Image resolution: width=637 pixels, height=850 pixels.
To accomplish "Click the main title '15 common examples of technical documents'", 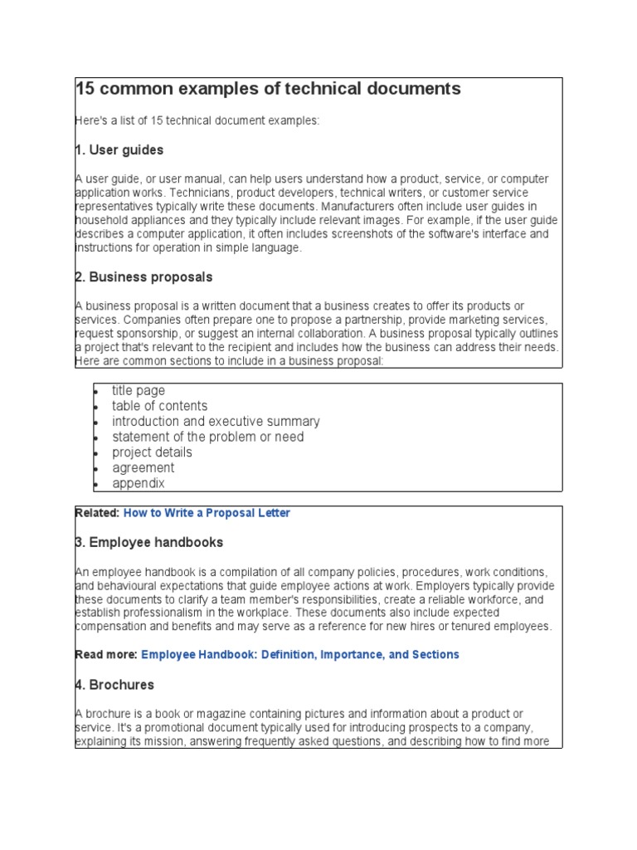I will click(268, 89).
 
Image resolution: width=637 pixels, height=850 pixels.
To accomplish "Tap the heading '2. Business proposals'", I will click(143, 277).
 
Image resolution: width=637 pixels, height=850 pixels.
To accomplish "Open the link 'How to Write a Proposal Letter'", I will click(207, 513).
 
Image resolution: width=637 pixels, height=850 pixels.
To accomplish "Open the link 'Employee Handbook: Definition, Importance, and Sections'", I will click(299, 654).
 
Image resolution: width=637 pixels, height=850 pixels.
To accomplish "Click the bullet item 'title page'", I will click(139, 390).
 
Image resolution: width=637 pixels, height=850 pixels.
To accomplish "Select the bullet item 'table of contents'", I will click(159, 406).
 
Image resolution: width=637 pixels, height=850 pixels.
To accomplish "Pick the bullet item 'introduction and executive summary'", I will click(216, 422).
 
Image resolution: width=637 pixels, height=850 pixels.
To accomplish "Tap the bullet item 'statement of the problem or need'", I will click(207, 437).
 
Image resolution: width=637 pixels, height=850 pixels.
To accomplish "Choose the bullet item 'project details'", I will click(152, 452).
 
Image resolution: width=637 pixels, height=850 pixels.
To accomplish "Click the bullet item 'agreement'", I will click(143, 468).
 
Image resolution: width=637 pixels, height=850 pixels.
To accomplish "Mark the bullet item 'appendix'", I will click(139, 483).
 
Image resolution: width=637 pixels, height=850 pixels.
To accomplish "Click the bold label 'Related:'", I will click(97, 513).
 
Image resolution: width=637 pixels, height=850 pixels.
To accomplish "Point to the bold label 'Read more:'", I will click(105, 654).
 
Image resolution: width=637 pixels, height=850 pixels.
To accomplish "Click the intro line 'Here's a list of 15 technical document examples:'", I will click(197, 120).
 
